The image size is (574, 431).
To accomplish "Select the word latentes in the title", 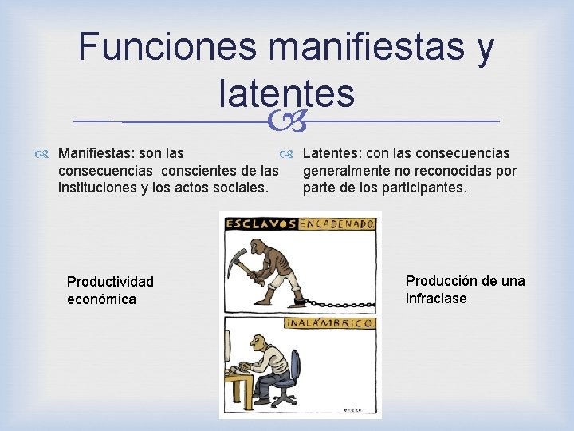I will (285, 93).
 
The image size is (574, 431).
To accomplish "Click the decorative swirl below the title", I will (286, 121).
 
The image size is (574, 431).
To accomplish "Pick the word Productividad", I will (110, 282).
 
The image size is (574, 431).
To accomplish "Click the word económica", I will (101, 299).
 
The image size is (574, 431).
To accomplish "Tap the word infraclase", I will (436, 299).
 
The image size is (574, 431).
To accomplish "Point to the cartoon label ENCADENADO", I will (338, 224).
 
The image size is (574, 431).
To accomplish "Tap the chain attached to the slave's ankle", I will (339, 304).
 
